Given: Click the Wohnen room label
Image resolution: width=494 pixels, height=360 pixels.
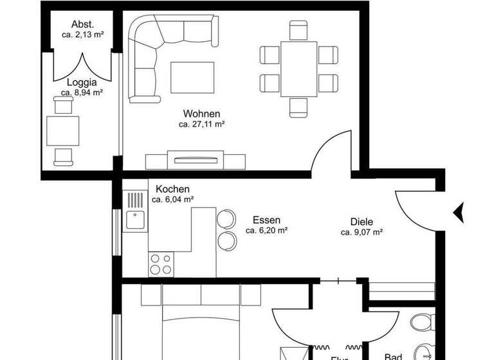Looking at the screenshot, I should pyautogui.click(x=201, y=114).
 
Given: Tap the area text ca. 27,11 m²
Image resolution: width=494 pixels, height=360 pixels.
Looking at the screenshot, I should pyautogui.click(x=201, y=124).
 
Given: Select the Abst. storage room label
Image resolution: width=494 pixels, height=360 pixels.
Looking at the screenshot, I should pyautogui.click(x=82, y=24).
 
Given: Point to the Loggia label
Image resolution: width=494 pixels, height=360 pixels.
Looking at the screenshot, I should pyautogui.click(x=82, y=82).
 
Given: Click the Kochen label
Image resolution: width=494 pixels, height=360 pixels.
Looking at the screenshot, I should pyautogui.click(x=172, y=189).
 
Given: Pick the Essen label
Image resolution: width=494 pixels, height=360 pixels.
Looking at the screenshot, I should pyautogui.click(x=266, y=219).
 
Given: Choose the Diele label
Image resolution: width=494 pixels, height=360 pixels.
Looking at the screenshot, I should pyautogui.click(x=362, y=222).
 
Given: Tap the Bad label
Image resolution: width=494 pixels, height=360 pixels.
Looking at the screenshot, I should pyautogui.click(x=393, y=355).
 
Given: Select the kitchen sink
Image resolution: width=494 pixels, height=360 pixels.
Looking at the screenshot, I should pyautogui.click(x=136, y=221).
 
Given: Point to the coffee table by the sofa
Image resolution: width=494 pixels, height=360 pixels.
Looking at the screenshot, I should pyautogui.click(x=192, y=76).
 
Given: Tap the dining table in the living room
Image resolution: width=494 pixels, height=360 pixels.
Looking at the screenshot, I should pyautogui.click(x=298, y=68).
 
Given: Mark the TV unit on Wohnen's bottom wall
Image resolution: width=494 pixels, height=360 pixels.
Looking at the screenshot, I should pyautogui.click(x=195, y=160).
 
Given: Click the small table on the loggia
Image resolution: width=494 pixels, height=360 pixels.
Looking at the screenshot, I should pyautogui.click(x=63, y=130).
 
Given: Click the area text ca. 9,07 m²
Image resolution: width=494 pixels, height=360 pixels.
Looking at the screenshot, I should pyautogui.click(x=362, y=232).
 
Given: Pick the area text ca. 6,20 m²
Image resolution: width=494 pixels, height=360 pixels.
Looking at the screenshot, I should pyautogui.click(x=266, y=230).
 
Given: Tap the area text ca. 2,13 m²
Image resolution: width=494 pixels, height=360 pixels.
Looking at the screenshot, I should pyautogui.click(x=82, y=35).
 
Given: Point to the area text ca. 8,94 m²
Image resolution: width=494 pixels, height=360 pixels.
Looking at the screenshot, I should pyautogui.click(x=82, y=93).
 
